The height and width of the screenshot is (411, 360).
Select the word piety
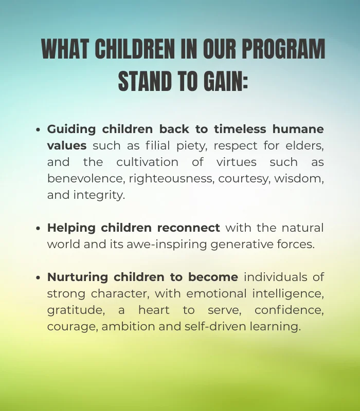click(190, 145)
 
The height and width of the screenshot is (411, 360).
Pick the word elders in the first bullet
click(307, 145)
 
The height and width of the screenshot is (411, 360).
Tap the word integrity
click(97, 195)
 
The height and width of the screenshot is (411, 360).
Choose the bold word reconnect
click(188, 228)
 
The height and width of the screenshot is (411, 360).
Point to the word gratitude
click(70, 310)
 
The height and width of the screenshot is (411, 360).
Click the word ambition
click(125, 327)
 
